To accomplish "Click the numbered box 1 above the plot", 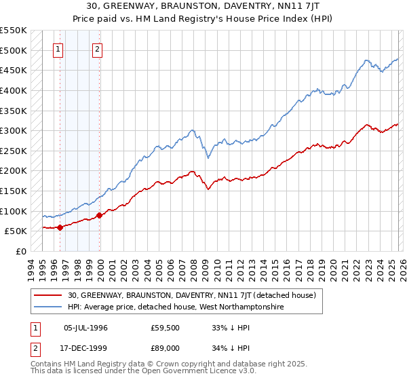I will (x=58, y=49).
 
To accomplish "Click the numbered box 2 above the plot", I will (x=98, y=49).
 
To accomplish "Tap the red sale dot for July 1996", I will (x=60, y=227).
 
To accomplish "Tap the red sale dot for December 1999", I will (x=99, y=216).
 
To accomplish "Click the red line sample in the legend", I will (x=49, y=295).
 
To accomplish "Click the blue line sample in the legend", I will (x=49, y=307).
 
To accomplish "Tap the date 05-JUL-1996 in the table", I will (x=85, y=328).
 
